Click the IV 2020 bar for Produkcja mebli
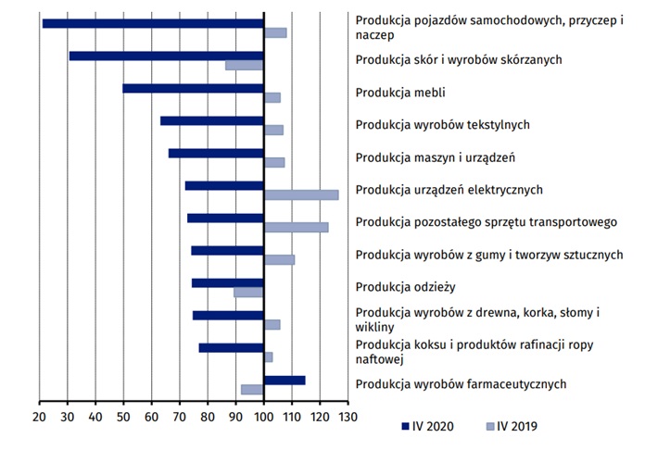point(193,89)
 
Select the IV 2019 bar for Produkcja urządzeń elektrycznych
point(301,194)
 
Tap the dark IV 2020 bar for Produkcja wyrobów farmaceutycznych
point(285,380)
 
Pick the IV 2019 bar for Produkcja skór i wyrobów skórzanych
point(245,65)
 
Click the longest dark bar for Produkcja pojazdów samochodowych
point(153,23)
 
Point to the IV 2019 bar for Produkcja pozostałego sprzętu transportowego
point(296,227)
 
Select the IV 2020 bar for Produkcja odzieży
point(227,283)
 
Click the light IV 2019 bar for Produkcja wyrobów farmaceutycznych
point(252,390)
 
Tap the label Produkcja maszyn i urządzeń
point(436,156)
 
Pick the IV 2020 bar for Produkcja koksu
point(231,347)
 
